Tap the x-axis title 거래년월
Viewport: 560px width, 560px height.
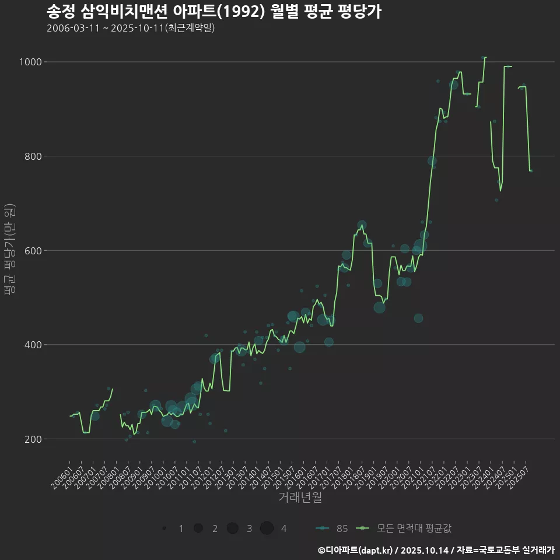(x=300, y=497)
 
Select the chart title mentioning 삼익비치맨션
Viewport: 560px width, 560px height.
(x=213, y=12)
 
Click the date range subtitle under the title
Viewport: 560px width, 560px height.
(x=131, y=28)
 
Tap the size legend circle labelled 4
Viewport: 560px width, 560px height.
(x=267, y=528)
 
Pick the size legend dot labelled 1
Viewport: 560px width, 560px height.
(x=164, y=528)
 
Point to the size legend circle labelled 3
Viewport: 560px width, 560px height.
(x=232, y=528)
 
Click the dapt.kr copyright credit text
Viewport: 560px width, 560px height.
(x=359, y=549)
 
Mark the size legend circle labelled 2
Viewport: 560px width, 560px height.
(x=198, y=528)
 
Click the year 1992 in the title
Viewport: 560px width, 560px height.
(x=247, y=12)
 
